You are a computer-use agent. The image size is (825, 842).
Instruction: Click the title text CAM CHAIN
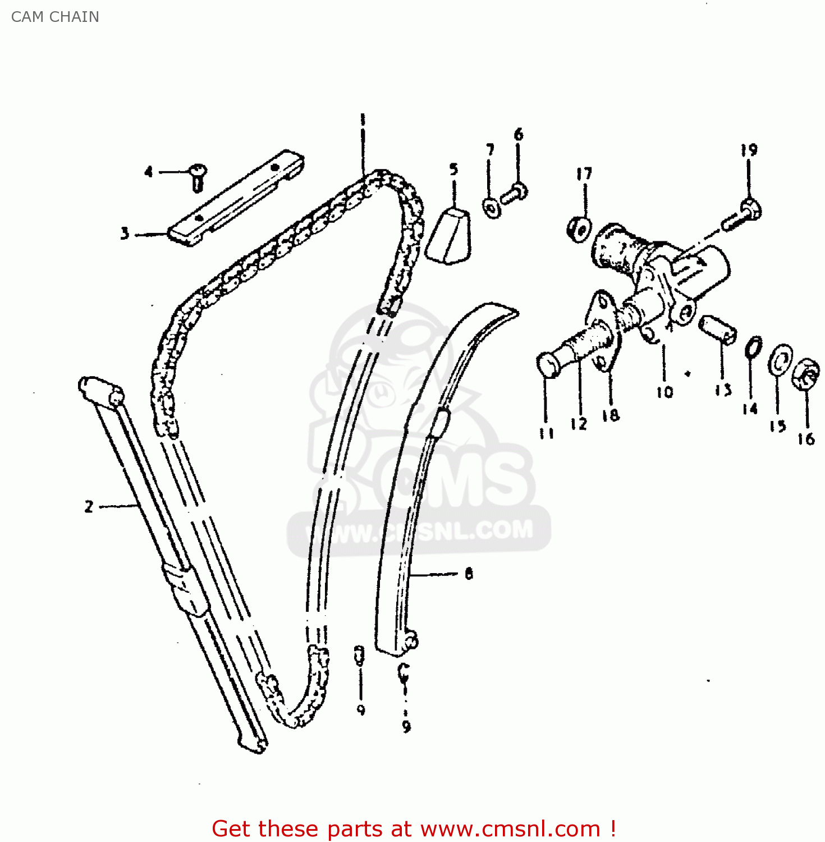[x=55, y=17]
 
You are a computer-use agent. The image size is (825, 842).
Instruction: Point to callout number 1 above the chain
[x=363, y=120]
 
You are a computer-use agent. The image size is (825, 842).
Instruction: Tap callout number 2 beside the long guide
[x=89, y=507]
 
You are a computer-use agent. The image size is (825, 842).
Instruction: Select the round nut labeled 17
[x=579, y=229]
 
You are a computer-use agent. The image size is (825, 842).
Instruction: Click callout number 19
[x=749, y=150]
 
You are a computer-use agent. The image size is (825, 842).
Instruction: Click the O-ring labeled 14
[x=754, y=347]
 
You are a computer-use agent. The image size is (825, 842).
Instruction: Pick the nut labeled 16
[x=805, y=374]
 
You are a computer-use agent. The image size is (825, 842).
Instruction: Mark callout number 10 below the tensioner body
[x=664, y=391]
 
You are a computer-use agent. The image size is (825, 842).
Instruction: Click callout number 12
[x=578, y=423]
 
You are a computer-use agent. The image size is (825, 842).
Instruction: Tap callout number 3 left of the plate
[x=125, y=234]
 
